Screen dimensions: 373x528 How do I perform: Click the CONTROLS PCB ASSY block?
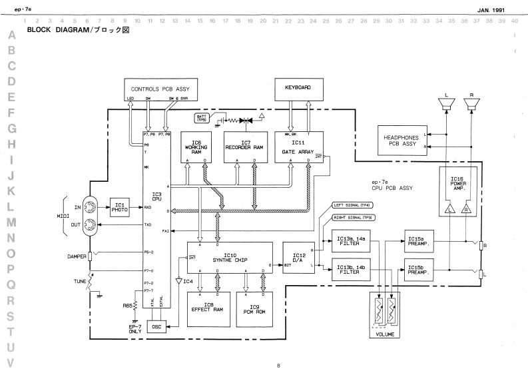162,89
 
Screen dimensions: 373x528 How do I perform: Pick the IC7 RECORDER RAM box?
246,146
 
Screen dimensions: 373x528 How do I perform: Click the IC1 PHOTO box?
119,206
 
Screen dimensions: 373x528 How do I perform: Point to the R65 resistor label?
127,306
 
